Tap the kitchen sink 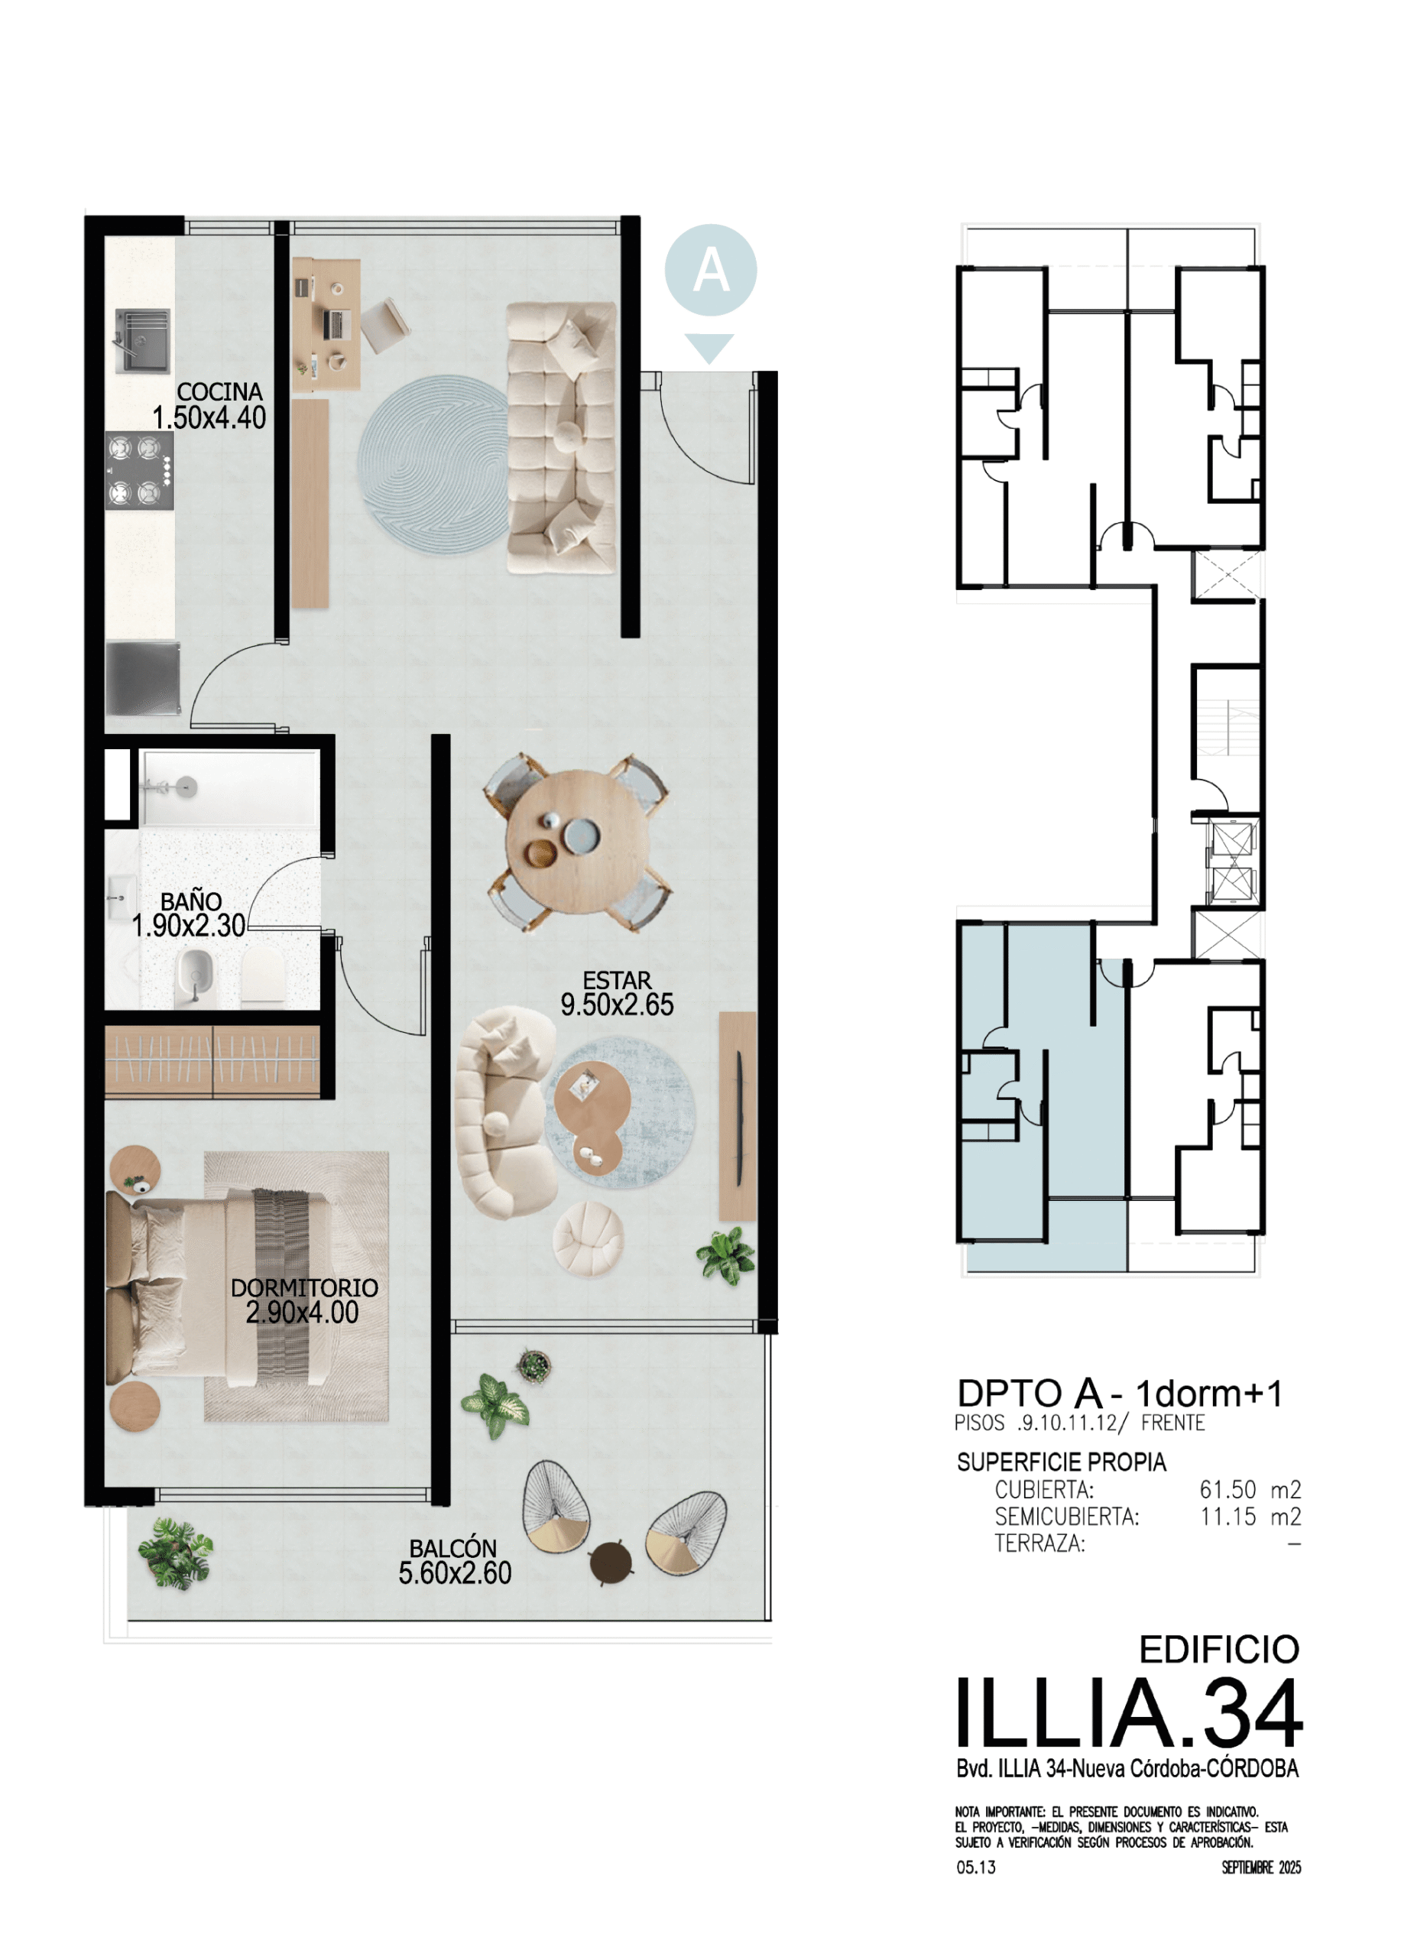coord(142,342)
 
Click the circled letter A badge coord(711,270)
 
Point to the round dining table coord(577,842)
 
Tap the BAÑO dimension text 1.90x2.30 coord(189,926)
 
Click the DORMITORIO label coord(304,1287)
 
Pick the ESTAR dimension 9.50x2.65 coord(617,1004)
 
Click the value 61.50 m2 coord(1250,1490)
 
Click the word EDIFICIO coord(1219,1650)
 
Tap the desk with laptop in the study coord(326,323)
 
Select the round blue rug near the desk coord(434,464)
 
